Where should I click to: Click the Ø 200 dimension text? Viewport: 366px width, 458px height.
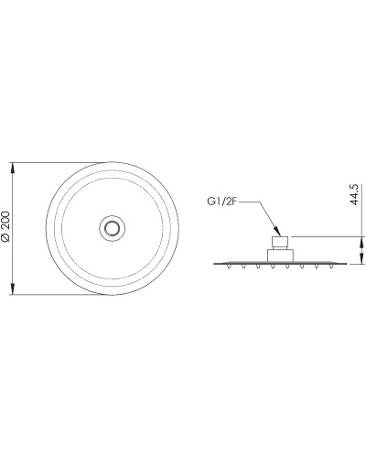pyautogui.click(x=6, y=226)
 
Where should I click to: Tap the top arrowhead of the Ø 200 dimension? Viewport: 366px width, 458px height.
pyautogui.click(x=13, y=169)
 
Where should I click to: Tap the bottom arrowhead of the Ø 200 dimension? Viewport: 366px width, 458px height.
pyautogui.click(x=13, y=289)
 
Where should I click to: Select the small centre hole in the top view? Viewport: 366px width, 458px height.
pyautogui.click(x=112, y=228)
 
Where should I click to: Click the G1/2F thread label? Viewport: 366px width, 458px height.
pyautogui.click(x=222, y=202)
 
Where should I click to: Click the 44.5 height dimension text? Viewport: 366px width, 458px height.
pyautogui.click(x=353, y=194)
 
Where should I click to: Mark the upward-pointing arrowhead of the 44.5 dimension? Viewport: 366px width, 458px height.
pyautogui.click(x=362, y=242)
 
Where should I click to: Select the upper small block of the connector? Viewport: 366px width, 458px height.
pyautogui.click(x=280, y=243)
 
